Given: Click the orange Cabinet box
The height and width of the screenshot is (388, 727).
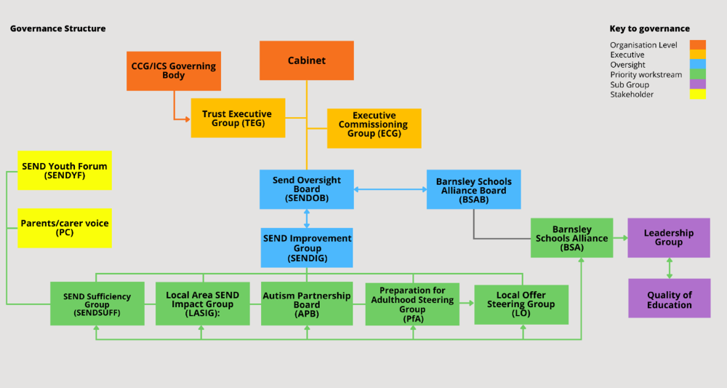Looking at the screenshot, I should click(x=307, y=60).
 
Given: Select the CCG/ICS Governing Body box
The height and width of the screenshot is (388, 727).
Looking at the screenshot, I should click(x=174, y=71).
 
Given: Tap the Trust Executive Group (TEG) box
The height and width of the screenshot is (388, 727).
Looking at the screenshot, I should click(x=238, y=118).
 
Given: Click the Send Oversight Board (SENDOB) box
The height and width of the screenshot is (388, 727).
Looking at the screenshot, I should click(x=307, y=189).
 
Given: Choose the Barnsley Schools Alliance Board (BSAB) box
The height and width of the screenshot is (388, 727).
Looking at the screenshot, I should click(x=474, y=189).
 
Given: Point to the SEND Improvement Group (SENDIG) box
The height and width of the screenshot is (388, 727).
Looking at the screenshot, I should click(x=307, y=248).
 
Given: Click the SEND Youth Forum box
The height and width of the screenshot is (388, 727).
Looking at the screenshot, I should click(x=65, y=170).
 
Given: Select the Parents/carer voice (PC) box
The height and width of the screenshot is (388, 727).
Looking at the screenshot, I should click(x=65, y=227).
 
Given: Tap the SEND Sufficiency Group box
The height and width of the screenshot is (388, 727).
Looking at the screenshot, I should click(x=97, y=304).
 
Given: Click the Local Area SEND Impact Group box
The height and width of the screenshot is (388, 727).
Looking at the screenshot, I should click(x=203, y=304).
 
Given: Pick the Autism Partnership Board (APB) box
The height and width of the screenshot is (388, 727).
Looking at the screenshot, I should click(x=307, y=304).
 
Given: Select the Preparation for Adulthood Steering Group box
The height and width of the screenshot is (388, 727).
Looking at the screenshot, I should click(x=412, y=304).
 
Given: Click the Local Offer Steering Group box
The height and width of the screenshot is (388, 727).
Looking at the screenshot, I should click(x=521, y=304).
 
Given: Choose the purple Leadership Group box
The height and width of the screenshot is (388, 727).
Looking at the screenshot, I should click(x=669, y=237).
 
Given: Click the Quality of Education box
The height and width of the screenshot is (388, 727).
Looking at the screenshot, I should click(x=670, y=298).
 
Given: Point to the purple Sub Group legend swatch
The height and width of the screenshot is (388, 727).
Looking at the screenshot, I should click(x=698, y=84).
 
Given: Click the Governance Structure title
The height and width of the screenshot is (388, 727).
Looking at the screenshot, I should click(x=58, y=29).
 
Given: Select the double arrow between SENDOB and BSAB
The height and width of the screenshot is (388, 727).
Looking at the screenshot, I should click(x=390, y=189).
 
